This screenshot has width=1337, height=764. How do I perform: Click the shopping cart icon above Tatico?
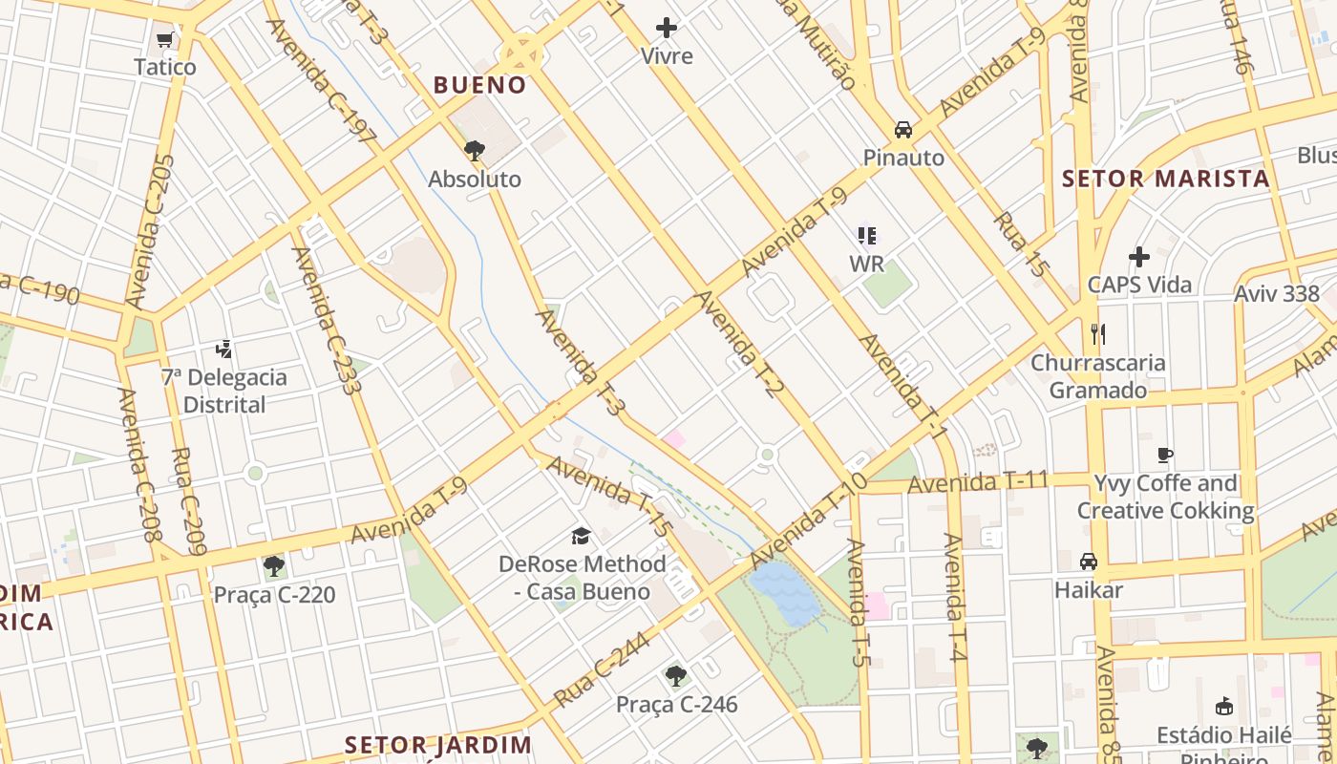(164, 40)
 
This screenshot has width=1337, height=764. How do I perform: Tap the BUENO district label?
(479, 85)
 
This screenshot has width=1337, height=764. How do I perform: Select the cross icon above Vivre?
(667, 29)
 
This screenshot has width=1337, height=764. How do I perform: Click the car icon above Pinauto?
(902, 130)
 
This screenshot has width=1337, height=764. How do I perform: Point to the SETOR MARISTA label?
(1165, 179)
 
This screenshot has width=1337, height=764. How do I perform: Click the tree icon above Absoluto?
(474, 151)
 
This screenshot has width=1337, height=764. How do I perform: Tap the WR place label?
(866, 263)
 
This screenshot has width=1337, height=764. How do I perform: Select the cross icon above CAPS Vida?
(1138, 257)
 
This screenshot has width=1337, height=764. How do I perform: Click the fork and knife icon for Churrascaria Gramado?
(1098, 334)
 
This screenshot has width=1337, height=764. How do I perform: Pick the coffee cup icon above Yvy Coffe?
(1164, 456)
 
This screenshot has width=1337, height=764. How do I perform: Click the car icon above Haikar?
(1088, 562)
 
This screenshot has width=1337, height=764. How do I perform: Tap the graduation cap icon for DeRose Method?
(581, 536)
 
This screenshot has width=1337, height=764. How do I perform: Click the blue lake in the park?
(785, 592)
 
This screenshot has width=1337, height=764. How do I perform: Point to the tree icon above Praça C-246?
(676, 676)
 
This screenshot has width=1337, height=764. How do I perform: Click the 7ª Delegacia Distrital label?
(223, 391)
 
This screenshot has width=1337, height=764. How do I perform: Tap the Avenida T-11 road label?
(978, 483)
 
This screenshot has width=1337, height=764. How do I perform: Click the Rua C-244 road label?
(602, 669)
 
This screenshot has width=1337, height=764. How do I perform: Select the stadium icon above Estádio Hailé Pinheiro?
(1223, 707)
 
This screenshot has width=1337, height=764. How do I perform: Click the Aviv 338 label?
(1276, 293)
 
